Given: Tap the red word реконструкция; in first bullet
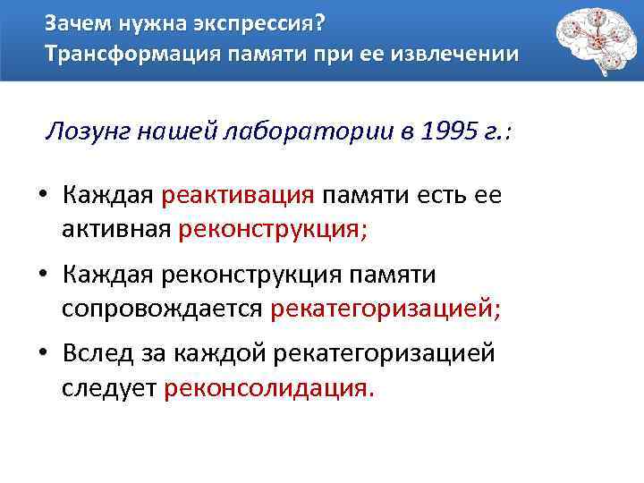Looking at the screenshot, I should coord(273,229).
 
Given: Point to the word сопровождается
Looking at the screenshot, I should coord(161,309).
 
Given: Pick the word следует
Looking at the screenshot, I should coord(109,388).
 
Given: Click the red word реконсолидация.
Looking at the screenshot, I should coord(266,388).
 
